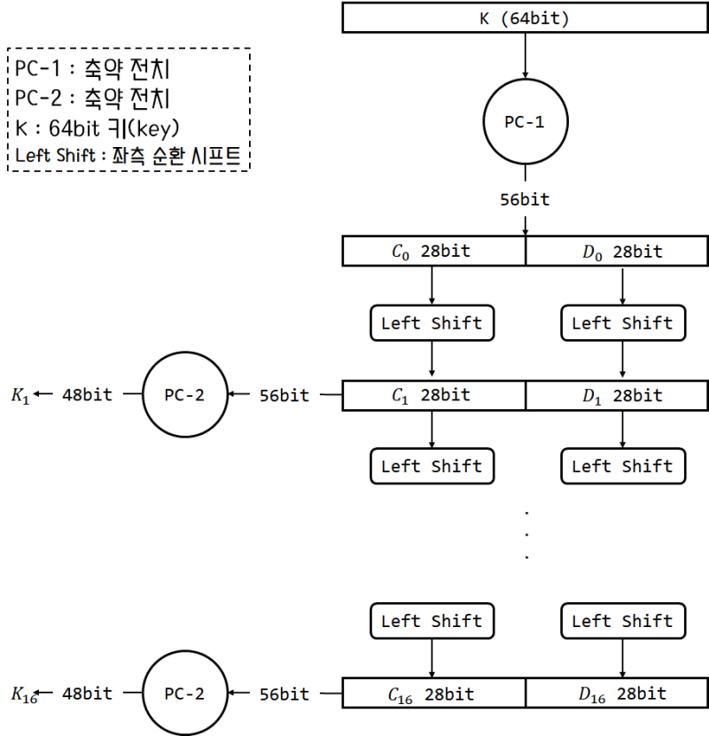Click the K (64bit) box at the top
click(525, 19)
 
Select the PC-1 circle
click(525, 122)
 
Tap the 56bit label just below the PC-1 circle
click(525, 199)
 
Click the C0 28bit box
click(434, 252)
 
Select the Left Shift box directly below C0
click(432, 322)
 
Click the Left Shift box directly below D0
click(622, 322)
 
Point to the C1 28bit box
click(434, 395)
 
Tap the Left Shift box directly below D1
click(622, 466)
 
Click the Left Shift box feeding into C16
click(432, 621)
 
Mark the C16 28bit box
click(434, 693)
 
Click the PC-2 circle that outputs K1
click(184, 395)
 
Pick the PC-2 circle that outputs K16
click(184, 693)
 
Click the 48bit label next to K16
click(87, 693)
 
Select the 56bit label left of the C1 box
click(284, 395)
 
